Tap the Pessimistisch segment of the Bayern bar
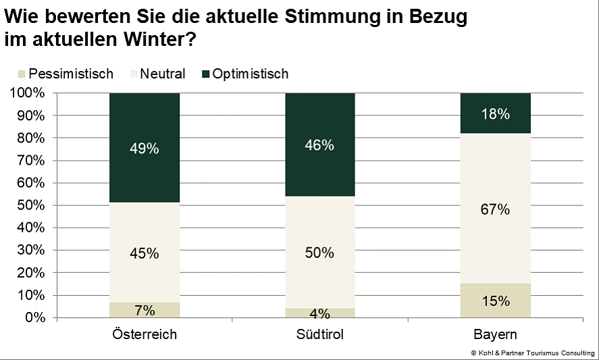[495, 301]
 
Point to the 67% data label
[495, 209]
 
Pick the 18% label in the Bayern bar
[495, 114]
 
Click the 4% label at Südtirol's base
[319, 313]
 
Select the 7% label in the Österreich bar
[144, 310]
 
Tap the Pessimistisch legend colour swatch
[21, 74]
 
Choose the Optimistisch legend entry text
[250, 74]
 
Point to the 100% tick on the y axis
[28, 93]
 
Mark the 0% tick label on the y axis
[34, 317]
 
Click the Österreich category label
[144, 335]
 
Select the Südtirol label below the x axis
[319, 335]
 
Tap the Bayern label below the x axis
[495, 335]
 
